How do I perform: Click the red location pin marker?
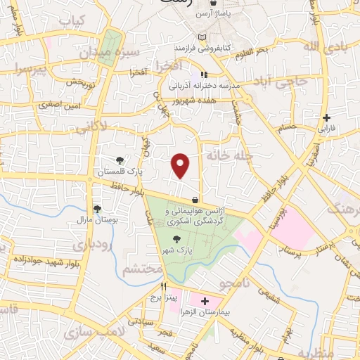click(181, 165)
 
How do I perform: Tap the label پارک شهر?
click(179, 250)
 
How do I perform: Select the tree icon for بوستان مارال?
click(97, 209)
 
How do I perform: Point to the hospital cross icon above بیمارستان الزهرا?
click(205, 301)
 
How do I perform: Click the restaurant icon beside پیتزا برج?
click(163, 287)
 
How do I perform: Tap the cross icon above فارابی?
click(326, 117)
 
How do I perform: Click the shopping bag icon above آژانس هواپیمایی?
click(195, 200)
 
